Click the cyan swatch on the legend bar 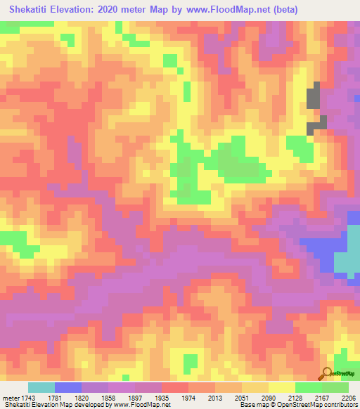[41, 387]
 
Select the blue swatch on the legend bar [67, 387]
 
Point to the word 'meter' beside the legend [11, 398]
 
